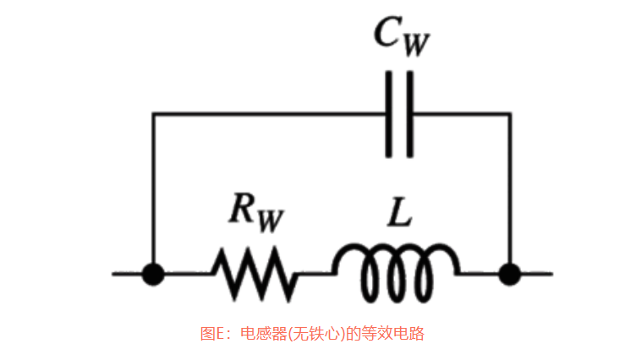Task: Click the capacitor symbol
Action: pos(399,114)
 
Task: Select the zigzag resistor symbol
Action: pos(254,274)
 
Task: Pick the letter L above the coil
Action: pos(398,213)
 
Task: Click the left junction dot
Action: pos(153,274)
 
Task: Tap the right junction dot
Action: pos(509,274)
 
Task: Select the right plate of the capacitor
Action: pos(409,114)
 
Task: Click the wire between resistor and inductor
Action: pos(315,274)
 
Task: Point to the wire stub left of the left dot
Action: pos(127,274)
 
